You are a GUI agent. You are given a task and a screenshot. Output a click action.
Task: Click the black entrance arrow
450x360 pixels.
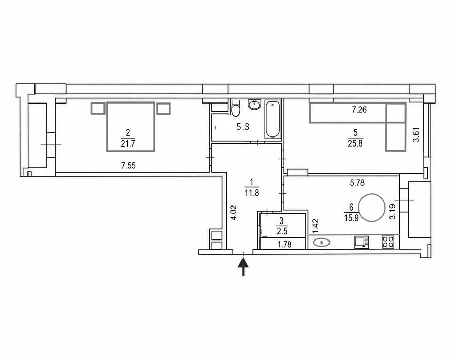pyautogui.click(x=243, y=266)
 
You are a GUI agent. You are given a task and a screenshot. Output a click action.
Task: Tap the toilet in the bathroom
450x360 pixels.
pyautogui.click(x=235, y=108)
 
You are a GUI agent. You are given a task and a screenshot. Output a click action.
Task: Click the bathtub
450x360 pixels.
pyautogui.click(x=272, y=119)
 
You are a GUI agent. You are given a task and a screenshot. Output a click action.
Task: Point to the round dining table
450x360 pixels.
pyautogui.click(x=372, y=208)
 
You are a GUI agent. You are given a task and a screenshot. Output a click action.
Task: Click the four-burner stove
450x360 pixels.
pyautogui.click(x=388, y=242)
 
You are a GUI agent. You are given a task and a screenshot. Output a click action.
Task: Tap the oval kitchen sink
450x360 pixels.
pyautogui.click(x=321, y=243)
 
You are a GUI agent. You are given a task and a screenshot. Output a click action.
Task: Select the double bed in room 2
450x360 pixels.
pyautogui.click(x=131, y=127)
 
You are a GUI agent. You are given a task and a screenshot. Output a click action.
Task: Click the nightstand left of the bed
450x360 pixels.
pyautogui.click(x=98, y=109)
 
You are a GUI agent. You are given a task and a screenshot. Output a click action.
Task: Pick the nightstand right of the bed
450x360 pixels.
pyautogui.click(x=164, y=109)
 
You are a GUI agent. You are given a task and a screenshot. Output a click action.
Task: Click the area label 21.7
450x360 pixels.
pyautogui.click(x=128, y=144)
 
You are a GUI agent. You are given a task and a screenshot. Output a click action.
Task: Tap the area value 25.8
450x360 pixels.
pyautogui.click(x=355, y=143)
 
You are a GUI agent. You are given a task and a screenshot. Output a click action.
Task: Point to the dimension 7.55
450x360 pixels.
pyautogui.click(x=128, y=166)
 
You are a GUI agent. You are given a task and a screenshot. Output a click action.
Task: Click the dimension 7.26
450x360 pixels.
pyautogui.click(x=359, y=109)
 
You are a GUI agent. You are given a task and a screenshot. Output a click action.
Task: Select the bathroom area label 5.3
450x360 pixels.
pyautogui.click(x=243, y=127)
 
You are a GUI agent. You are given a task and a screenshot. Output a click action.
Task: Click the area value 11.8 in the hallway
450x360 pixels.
pyautogui.click(x=252, y=192)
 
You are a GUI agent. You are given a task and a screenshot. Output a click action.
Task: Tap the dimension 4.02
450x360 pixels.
pyautogui.click(x=234, y=212)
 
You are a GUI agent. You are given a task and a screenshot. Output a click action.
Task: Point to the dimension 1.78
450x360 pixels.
pyautogui.click(x=284, y=244)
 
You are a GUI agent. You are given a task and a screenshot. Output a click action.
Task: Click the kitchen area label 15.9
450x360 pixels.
pyautogui.click(x=352, y=218)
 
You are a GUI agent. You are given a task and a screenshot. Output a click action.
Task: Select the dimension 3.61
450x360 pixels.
pyautogui.click(x=416, y=134)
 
